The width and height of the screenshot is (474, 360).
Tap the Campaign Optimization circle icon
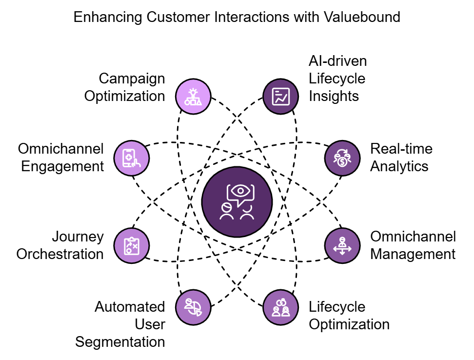coord(193,96)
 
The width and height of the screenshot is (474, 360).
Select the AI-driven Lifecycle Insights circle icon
coord(281,96)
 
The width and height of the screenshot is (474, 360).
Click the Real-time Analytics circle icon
coord(342,158)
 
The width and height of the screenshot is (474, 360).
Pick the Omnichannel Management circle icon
coord(342,246)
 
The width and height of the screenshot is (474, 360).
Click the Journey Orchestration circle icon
coord(132,246)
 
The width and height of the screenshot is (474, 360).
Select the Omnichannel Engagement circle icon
coord(132,158)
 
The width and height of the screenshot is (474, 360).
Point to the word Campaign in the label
coord(132,79)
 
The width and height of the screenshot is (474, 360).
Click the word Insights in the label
coord(334,96)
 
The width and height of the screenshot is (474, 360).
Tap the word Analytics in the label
coord(399,166)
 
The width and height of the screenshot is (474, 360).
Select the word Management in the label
coord(413,254)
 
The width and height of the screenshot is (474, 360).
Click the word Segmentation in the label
coord(120,342)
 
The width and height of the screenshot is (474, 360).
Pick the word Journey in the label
coord(78,237)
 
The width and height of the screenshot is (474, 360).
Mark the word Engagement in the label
coord(62,166)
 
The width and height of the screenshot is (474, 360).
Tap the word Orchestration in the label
coord(60,254)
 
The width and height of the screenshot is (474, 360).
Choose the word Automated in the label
coord(130,307)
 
